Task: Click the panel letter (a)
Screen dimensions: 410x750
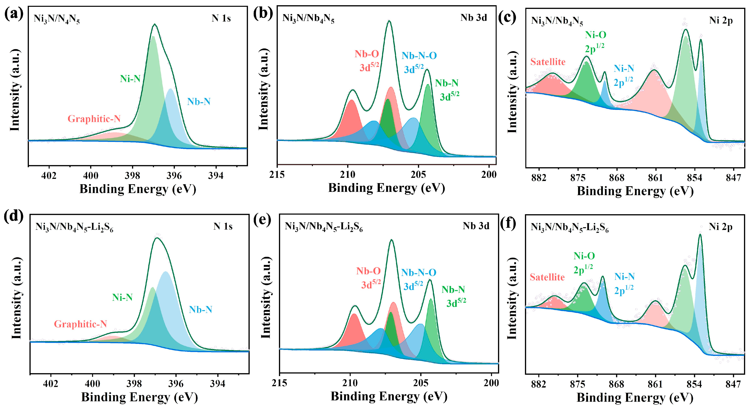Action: click(14, 14)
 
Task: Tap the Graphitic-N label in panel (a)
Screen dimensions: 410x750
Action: click(94, 119)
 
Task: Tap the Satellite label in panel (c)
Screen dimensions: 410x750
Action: click(548, 62)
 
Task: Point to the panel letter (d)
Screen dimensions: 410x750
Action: click(14, 217)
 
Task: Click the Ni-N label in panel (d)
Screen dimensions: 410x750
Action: click(122, 297)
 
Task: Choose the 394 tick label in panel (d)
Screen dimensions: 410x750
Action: click(217, 384)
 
